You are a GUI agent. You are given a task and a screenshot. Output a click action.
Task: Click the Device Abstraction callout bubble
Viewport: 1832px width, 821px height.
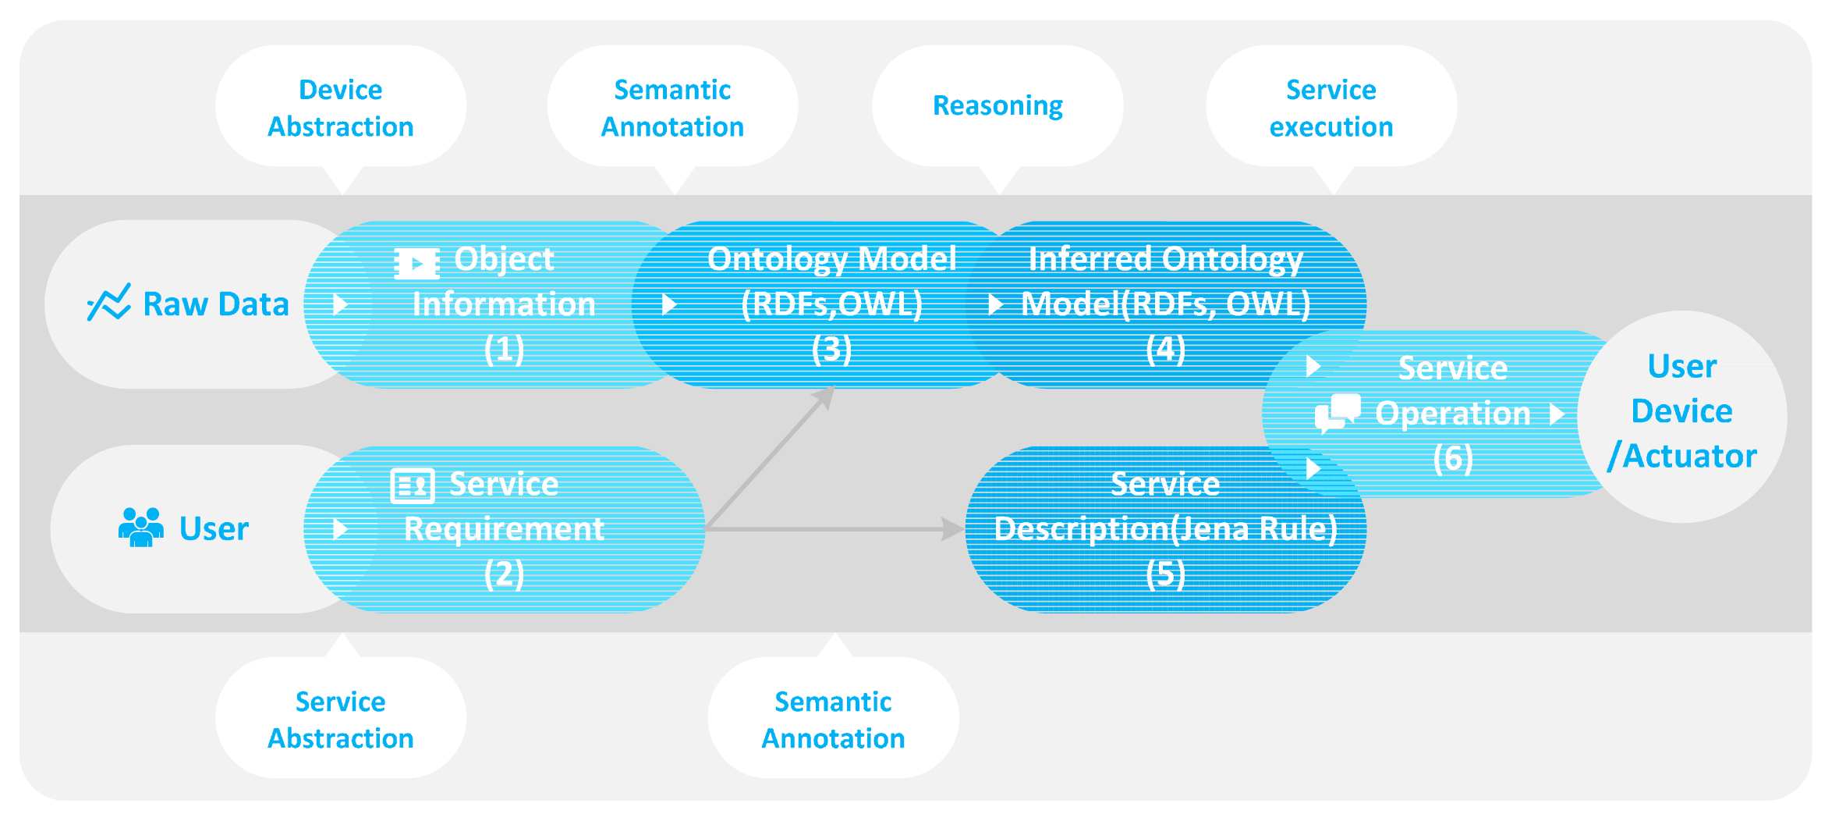(x=341, y=107)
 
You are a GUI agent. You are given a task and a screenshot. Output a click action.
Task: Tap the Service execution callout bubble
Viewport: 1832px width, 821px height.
(x=1331, y=107)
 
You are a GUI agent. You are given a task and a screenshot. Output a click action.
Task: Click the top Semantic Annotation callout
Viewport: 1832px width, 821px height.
(x=672, y=107)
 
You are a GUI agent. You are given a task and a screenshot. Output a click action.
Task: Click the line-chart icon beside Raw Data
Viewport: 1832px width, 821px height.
(x=108, y=302)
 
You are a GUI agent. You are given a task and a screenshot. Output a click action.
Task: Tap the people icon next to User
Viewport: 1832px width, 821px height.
(x=140, y=528)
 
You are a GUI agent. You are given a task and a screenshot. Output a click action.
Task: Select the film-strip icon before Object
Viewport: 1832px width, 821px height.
(x=416, y=263)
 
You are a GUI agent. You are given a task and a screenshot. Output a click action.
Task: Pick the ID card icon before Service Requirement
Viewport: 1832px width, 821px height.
(x=412, y=485)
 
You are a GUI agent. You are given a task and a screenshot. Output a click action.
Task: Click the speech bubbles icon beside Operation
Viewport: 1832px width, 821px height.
(x=1338, y=413)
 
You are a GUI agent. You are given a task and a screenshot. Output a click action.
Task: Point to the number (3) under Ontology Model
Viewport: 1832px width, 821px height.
(x=831, y=349)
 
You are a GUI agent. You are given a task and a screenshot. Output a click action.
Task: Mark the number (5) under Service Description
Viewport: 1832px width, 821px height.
(x=1165, y=574)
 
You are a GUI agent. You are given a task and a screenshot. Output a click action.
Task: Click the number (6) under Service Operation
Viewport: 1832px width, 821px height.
(x=1452, y=458)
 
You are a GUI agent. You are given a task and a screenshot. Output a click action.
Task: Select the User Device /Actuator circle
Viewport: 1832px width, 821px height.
(x=1682, y=414)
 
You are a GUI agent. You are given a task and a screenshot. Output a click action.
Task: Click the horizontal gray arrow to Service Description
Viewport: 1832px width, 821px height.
(x=834, y=529)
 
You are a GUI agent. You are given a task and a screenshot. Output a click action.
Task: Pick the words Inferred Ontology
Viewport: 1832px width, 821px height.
(x=1165, y=258)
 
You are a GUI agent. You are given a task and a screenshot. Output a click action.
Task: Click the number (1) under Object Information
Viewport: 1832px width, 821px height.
(x=504, y=349)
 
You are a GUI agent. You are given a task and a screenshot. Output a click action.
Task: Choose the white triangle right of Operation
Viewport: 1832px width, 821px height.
(x=1557, y=414)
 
